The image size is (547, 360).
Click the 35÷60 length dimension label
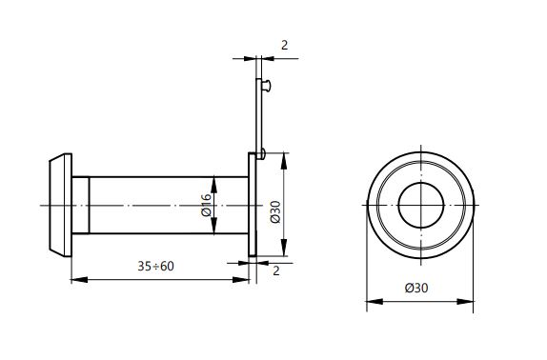click(x=155, y=267)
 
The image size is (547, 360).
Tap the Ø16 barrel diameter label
click(x=207, y=206)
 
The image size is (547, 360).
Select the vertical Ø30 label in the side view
click(x=275, y=211)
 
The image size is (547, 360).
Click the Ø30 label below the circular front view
click(x=416, y=288)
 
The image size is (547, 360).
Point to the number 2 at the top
click(x=285, y=46)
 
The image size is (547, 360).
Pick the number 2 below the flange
click(x=276, y=270)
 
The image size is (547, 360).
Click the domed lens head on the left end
click(x=61, y=206)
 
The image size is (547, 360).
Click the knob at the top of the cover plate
click(x=266, y=86)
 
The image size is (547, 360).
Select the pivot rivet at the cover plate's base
click(x=262, y=153)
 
